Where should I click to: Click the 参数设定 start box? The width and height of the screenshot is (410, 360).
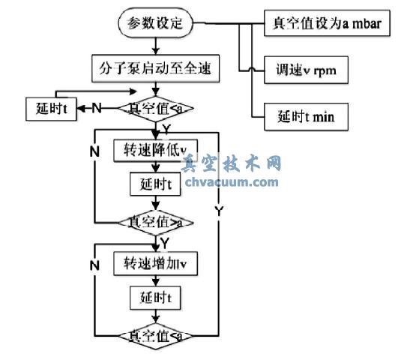(155, 22)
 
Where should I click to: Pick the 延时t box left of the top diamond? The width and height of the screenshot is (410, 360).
(50, 108)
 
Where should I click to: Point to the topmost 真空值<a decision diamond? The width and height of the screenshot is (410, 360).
(156, 109)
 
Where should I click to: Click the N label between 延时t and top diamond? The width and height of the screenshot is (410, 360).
(97, 108)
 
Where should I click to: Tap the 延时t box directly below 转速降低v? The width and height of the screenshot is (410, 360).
(155, 184)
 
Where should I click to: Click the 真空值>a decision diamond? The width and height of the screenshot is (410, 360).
(156, 223)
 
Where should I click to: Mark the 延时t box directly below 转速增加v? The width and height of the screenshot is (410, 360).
(155, 298)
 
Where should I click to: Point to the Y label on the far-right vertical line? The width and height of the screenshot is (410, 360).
(220, 212)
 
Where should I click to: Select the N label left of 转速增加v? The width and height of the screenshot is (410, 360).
(95, 265)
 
